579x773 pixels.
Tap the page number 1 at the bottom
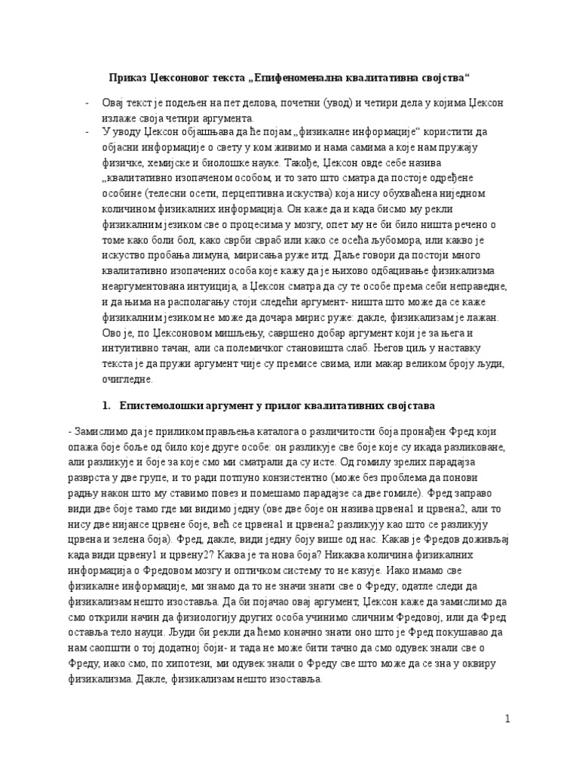click(x=508, y=719)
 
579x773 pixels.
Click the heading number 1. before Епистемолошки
click(x=106, y=406)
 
